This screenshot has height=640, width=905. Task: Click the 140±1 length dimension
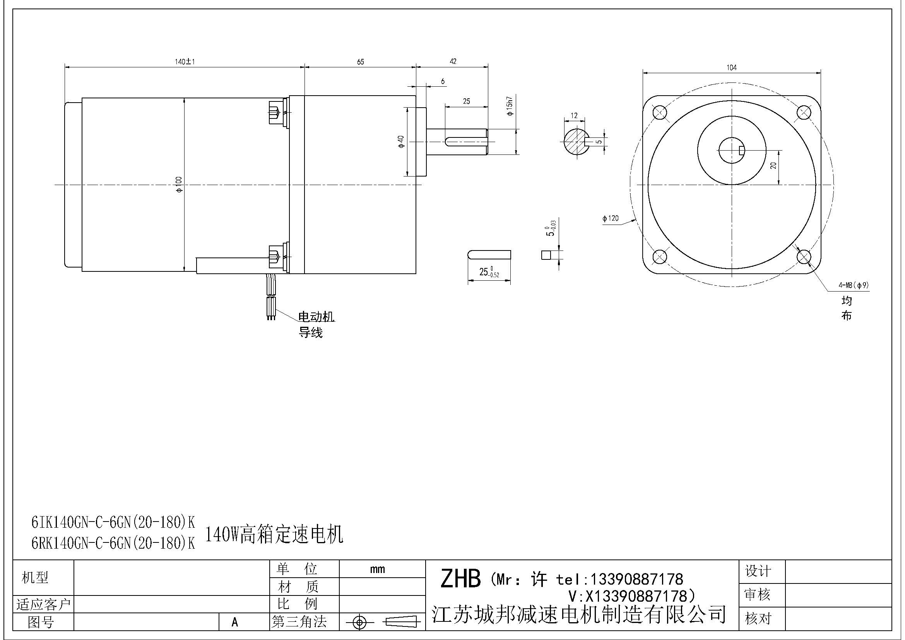tap(185, 62)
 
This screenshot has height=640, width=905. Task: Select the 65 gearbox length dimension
tap(360, 62)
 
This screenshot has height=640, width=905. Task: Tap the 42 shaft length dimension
tap(453, 61)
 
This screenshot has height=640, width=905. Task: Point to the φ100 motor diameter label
tap(180, 185)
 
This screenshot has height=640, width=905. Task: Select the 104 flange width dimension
tap(731, 67)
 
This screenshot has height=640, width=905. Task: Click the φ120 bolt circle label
tap(610, 218)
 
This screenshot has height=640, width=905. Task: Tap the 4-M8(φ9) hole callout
tap(854, 285)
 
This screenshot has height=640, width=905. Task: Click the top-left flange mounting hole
tap(659, 113)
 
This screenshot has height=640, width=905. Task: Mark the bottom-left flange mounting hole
tap(659, 257)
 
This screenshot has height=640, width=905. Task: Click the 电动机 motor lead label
tap(316, 316)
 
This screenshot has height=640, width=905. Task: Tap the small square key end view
tap(546, 255)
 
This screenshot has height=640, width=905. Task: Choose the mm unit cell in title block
tap(377, 569)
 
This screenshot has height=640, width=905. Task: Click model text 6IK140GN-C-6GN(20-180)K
tap(113, 522)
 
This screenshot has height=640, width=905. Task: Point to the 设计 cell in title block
tap(757, 571)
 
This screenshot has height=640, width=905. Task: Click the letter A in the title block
tap(235, 622)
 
